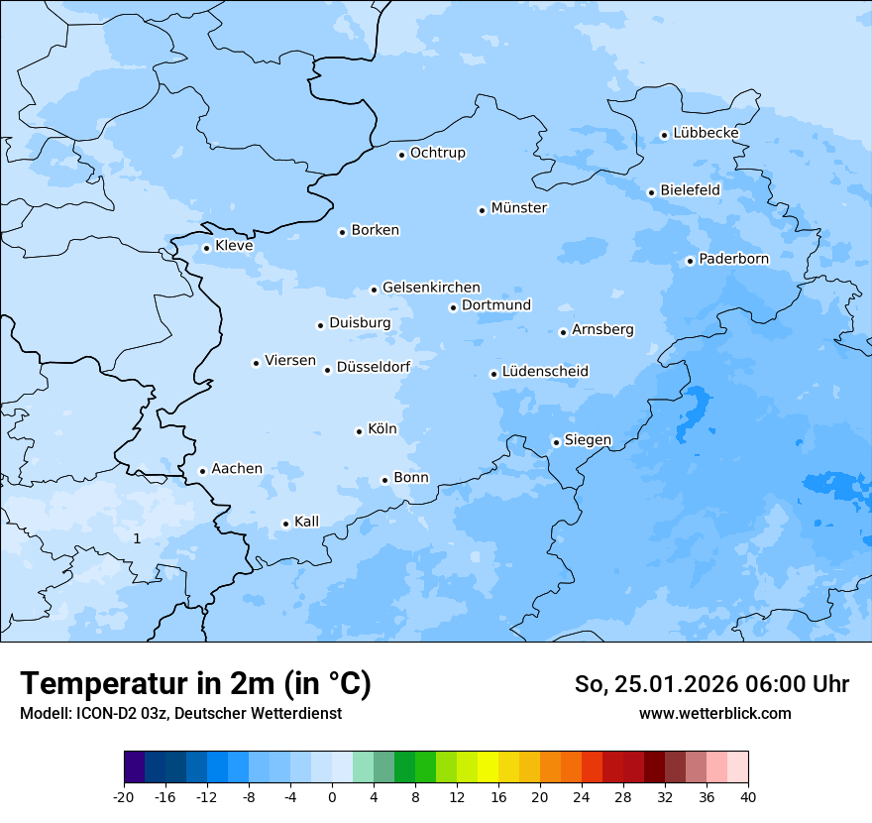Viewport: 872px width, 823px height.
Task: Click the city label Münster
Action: coord(519,208)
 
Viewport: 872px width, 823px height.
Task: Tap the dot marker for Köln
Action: coord(359,431)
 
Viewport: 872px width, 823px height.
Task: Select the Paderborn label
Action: coord(733,259)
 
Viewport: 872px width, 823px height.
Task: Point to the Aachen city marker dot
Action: coord(202,472)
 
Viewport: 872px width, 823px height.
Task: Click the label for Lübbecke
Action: coord(706,133)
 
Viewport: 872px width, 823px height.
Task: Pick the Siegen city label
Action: coord(588,440)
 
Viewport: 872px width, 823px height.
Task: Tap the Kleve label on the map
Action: coord(234,246)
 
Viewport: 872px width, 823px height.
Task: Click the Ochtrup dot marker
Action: coord(401,155)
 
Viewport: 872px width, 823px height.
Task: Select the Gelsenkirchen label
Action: coord(431,288)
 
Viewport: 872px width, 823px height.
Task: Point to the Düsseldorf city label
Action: coord(373,367)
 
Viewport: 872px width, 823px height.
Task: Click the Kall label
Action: coord(306,522)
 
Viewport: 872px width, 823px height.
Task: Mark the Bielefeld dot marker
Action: coord(651,192)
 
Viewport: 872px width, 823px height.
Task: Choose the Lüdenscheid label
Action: coord(545,372)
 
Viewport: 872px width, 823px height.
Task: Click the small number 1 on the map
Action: coord(137,538)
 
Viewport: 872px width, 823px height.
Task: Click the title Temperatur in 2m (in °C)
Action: coord(195,683)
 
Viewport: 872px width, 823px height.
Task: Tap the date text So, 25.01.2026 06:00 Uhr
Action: coord(711,684)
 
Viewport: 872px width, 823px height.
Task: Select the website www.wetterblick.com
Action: coord(714,713)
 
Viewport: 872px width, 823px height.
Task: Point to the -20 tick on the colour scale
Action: coord(124,796)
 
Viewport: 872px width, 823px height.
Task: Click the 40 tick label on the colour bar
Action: coord(748,796)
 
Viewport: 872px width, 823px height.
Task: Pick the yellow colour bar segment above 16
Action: coord(488,767)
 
